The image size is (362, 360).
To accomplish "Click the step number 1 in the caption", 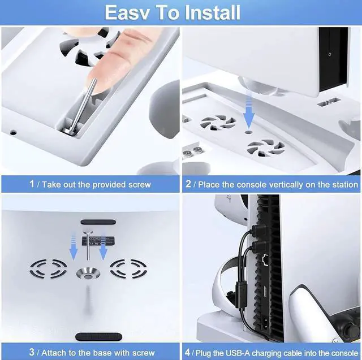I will coord(32,184).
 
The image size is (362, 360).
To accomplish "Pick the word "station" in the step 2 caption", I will coord(343,184).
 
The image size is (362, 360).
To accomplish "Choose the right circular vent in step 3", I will coord(129,270).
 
